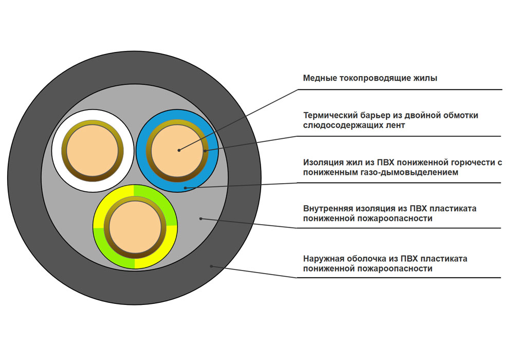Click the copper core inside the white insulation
coord(93,151)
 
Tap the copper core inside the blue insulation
coord(177,151)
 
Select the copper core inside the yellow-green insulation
coord(135,227)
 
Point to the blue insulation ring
coord(141,151)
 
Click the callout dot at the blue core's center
coord(179,150)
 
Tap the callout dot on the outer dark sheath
coord(211,266)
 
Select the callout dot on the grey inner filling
coord(201,219)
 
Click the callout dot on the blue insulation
coord(185,188)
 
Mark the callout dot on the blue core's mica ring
coord(205,151)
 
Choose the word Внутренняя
coord(328,208)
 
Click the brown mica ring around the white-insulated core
coord(64,151)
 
